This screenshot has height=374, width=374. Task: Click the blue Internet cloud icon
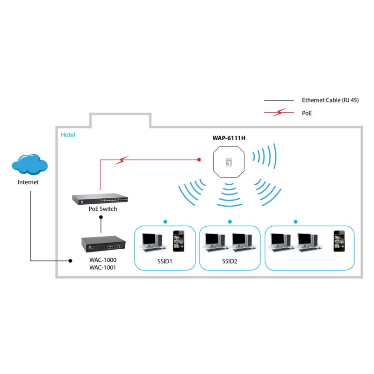(x=30, y=164)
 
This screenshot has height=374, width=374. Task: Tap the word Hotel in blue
(x=68, y=135)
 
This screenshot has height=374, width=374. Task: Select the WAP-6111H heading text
(x=229, y=138)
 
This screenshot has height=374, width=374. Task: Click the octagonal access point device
(x=229, y=162)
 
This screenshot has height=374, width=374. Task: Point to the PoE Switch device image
(x=100, y=199)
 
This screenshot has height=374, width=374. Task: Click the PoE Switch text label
(x=103, y=209)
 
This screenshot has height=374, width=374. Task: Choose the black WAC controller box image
(x=103, y=244)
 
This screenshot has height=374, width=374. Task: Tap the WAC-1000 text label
(x=103, y=260)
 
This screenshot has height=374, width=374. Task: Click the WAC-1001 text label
(x=103, y=267)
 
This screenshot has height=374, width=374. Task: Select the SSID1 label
(x=165, y=261)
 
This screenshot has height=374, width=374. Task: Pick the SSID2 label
(x=230, y=261)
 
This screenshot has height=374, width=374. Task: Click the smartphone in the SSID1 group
(x=179, y=241)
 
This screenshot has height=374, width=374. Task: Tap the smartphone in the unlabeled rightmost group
(x=339, y=241)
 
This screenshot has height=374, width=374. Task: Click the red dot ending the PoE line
(x=199, y=159)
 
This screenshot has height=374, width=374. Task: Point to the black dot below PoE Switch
(x=101, y=217)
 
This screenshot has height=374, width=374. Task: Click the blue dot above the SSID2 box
(x=230, y=222)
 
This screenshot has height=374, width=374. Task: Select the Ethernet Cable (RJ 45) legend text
(x=331, y=100)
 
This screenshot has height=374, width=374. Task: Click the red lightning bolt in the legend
(x=280, y=112)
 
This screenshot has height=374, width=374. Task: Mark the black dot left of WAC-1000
(x=71, y=261)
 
